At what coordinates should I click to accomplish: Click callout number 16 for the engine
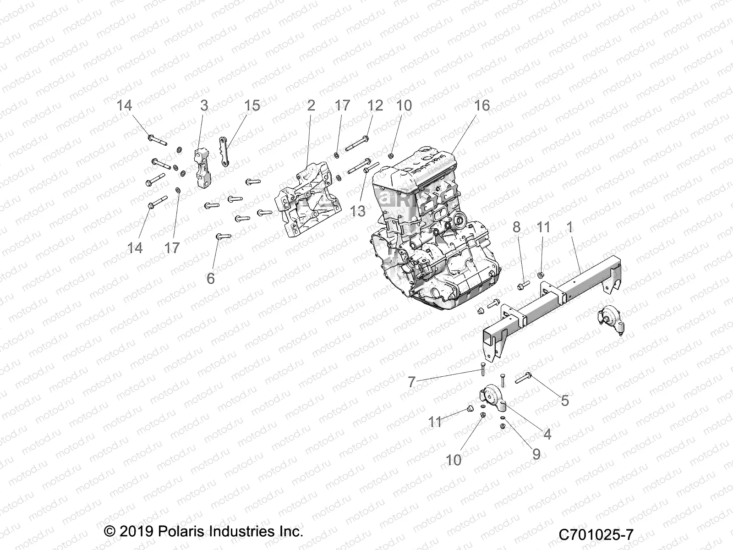tap(481, 105)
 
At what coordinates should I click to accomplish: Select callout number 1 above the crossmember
tap(570, 227)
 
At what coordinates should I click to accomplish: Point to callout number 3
tap(204, 105)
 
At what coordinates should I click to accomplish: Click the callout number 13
tap(358, 211)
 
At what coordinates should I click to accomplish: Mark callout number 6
tap(211, 278)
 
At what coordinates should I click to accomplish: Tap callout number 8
tap(517, 227)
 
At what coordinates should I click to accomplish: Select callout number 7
tap(411, 382)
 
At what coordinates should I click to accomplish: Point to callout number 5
tap(565, 401)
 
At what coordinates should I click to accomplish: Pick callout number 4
tap(547, 434)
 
